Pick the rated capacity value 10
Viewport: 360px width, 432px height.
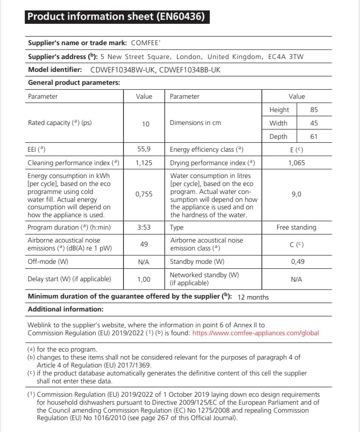[x=145, y=123]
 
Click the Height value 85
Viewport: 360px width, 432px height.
[x=313, y=110]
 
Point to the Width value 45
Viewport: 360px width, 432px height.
[x=313, y=123]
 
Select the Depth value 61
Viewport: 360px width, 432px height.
[x=313, y=136]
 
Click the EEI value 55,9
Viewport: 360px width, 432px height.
[x=144, y=149]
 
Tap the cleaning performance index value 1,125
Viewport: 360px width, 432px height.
[x=144, y=163]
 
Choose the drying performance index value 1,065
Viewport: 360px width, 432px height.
[x=297, y=163]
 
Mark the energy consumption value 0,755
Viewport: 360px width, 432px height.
[x=144, y=194]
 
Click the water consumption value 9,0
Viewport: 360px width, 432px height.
[x=296, y=194]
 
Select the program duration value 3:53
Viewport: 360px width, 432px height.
[x=144, y=227]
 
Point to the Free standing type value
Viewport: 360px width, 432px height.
[x=296, y=227]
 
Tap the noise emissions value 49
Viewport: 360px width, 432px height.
[x=144, y=244]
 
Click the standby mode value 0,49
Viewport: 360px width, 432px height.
[x=296, y=261]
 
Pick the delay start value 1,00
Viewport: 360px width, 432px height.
[x=144, y=279]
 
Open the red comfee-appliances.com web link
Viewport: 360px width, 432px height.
[x=255, y=333]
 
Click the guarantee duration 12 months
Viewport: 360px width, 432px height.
[x=253, y=297]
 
